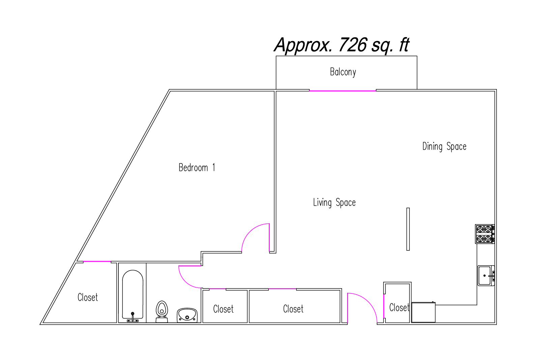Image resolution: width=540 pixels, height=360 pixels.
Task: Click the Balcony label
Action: pyautogui.click(x=343, y=72)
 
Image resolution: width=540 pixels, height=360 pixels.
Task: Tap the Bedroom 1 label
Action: pyautogui.click(x=197, y=168)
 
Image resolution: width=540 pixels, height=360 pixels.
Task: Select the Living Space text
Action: pyautogui.click(x=334, y=202)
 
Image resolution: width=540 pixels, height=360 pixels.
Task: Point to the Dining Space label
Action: pyautogui.click(x=444, y=147)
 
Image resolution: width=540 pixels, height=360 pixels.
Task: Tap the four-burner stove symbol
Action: pyautogui.click(x=485, y=234)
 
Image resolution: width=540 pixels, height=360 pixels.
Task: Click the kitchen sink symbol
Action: pyautogui.click(x=486, y=276)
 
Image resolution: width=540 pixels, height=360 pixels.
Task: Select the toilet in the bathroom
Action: pyautogui.click(x=162, y=311)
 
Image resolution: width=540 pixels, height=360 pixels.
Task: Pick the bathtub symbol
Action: pyautogui.click(x=133, y=295)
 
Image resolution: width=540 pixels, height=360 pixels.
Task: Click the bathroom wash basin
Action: pyautogui.click(x=187, y=315)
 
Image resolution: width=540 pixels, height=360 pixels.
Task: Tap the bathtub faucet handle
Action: pyautogui.click(x=133, y=317)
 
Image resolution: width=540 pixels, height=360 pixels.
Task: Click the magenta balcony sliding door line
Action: pyautogui.click(x=343, y=91)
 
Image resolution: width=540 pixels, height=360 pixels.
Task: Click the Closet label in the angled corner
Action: pyautogui.click(x=88, y=297)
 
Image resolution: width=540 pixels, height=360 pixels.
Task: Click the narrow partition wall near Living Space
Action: pyautogui.click(x=408, y=229)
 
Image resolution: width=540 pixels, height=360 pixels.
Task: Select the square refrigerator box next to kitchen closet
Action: pyautogui.click(x=423, y=312)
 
